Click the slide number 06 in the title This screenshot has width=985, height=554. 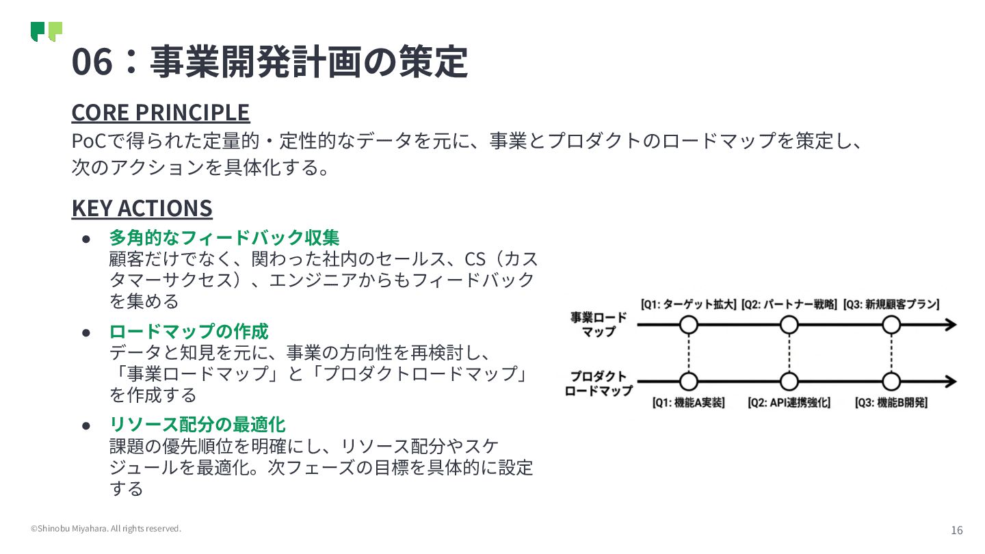coord(92,62)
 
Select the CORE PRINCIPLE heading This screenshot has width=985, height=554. coord(161,112)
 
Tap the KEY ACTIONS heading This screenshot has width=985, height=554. coord(142,208)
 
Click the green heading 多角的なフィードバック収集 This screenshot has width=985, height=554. coord(224,238)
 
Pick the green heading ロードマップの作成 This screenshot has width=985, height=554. coord(189,332)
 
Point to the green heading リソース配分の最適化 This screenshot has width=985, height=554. coord(197,425)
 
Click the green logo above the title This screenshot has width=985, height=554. coord(47,31)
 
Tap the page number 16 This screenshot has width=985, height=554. coord(956,530)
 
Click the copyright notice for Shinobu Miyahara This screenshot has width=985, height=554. coord(106,529)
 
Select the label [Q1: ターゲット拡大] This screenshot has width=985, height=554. coord(688,304)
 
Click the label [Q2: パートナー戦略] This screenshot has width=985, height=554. coord(789,304)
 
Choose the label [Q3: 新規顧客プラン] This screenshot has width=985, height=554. coord(891,304)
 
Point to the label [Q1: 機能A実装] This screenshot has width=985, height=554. coord(688,403)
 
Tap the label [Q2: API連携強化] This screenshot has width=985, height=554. coord(789,403)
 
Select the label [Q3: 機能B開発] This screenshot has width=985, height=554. coord(891,403)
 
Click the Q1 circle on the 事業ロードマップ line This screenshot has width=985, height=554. coord(689,324)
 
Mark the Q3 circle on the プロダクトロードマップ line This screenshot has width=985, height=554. coord(891,382)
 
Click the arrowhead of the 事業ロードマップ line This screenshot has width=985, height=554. coord(949,325)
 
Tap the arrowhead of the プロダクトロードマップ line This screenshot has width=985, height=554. coord(949,382)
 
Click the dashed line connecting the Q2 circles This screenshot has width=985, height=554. coord(789,353)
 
